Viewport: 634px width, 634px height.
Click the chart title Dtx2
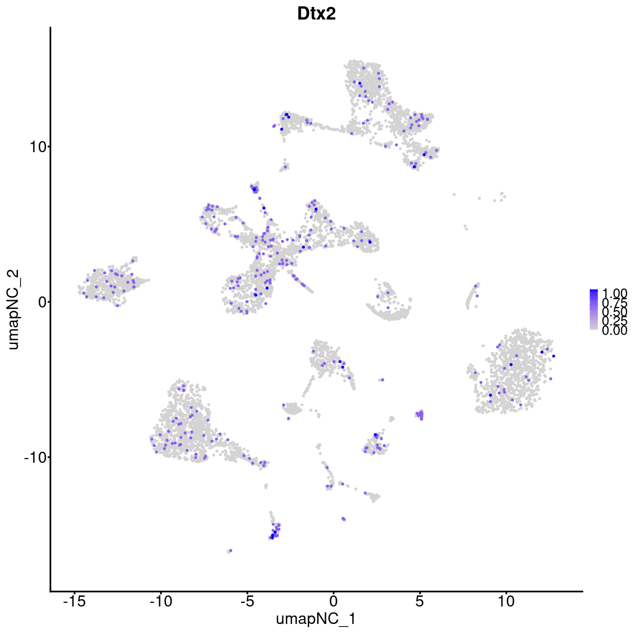click(x=316, y=14)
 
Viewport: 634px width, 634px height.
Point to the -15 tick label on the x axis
click(x=74, y=602)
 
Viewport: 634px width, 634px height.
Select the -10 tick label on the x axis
click(x=161, y=602)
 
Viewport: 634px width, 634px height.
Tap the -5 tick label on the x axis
click(x=247, y=602)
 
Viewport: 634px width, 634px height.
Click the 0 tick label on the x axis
click(x=333, y=602)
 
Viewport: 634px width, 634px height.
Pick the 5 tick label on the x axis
click(x=419, y=602)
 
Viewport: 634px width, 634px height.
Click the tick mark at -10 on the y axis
click(x=48, y=457)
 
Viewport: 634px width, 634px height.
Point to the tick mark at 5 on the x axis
click(x=419, y=593)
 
